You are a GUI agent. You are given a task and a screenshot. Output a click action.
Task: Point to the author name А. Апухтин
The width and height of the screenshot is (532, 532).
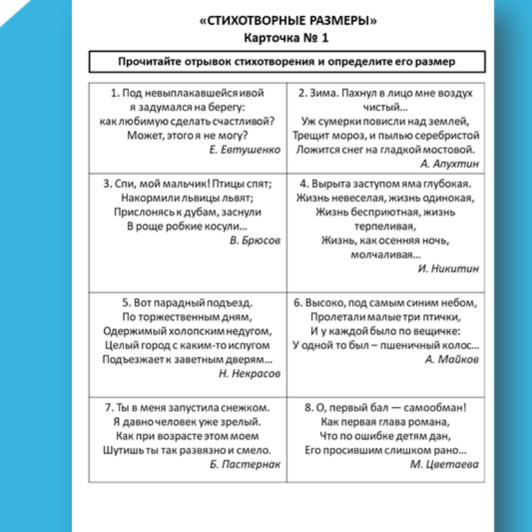[x=449, y=164]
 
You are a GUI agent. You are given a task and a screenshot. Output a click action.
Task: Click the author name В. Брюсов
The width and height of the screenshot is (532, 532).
[x=255, y=241]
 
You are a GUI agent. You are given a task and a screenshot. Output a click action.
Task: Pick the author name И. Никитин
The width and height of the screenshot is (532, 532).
[x=449, y=268]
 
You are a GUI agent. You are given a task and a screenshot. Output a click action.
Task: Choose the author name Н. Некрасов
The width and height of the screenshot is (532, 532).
[x=249, y=373]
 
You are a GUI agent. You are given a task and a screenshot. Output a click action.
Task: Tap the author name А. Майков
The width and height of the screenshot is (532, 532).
[x=452, y=359]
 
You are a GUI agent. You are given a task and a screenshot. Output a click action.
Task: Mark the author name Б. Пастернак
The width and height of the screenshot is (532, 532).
[x=244, y=464]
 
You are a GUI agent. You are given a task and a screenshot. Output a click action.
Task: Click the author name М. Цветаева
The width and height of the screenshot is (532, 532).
[x=444, y=464]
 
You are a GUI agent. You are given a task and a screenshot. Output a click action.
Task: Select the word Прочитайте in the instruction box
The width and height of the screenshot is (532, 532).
[x=148, y=61]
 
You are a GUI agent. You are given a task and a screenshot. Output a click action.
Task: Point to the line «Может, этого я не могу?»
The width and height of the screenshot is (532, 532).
[x=188, y=135]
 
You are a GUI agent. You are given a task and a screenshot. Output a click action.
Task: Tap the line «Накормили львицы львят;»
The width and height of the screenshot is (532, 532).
[x=188, y=198]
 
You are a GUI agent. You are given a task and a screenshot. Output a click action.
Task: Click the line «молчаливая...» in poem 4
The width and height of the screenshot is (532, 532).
[x=386, y=255]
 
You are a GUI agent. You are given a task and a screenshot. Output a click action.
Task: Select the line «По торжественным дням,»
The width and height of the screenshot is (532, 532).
[x=187, y=317]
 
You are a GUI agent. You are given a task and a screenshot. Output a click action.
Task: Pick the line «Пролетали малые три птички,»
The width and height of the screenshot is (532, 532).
[x=386, y=317]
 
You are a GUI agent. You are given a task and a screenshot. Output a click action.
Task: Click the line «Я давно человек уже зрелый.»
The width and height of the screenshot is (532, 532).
[x=186, y=422]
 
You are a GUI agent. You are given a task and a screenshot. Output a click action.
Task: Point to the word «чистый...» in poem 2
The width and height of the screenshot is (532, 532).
[x=386, y=107]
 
